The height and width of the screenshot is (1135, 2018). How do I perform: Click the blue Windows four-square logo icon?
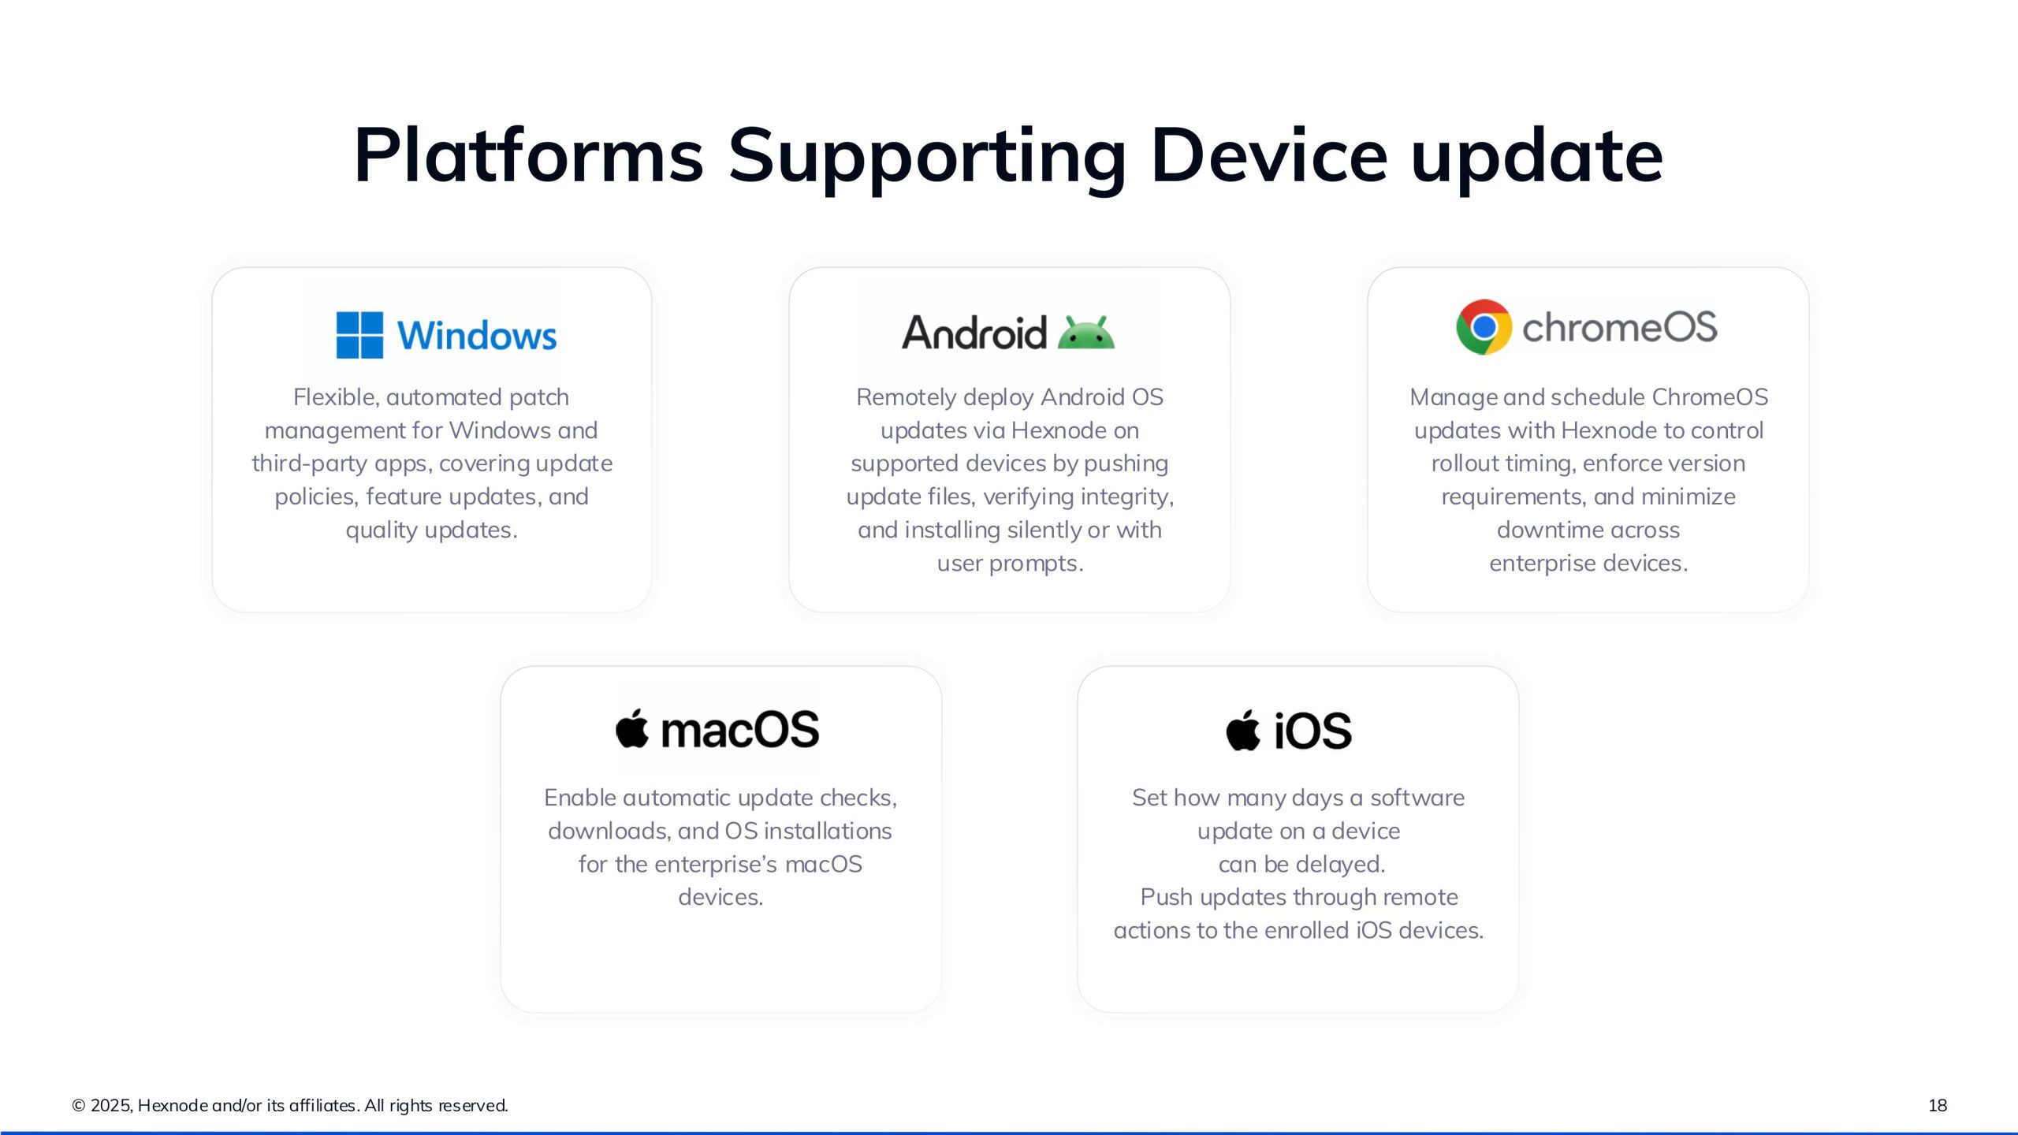coord(359,335)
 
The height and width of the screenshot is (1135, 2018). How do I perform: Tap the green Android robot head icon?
coord(1085,333)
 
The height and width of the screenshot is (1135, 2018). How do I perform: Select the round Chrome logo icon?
coord(1484,327)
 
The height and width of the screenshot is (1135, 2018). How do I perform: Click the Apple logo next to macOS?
coord(632,728)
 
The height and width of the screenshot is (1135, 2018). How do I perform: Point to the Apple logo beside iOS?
coord(1243,731)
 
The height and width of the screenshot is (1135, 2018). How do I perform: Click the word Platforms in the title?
coord(528,155)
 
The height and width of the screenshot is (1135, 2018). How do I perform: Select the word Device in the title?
coord(1268,155)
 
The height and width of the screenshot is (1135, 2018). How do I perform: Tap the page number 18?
coord(1937,1105)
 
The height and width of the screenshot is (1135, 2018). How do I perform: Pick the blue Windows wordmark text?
coord(477,336)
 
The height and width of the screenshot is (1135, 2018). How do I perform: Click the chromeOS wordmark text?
coord(1619,327)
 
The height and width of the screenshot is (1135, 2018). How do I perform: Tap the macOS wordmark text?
coord(739,730)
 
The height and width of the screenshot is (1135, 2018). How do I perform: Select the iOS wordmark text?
coord(1312,731)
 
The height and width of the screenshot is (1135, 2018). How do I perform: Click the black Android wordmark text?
coord(974,333)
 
